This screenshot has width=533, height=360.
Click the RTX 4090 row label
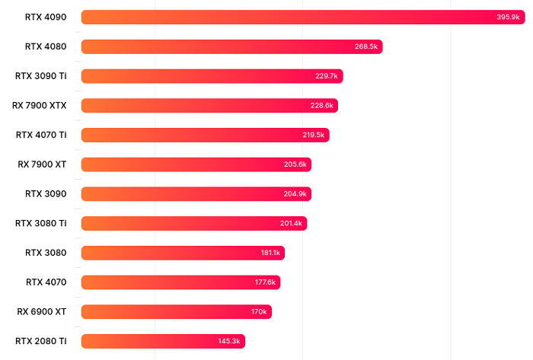pyautogui.click(x=46, y=17)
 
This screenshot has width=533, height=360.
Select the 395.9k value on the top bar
pyautogui.click(x=508, y=17)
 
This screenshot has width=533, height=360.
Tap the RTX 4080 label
pyautogui.click(x=46, y=46)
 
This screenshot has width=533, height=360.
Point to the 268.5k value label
pyautogui.click(x=366, y=46)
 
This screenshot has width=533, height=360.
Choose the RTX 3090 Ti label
pyautogui.click(x=40, y=75)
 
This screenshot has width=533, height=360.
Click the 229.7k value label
pyautogui.click(x=327, y=76)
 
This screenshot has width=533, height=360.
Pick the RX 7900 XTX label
pyautogui.click(x=40, y=105)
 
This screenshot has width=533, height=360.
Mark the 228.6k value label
pyautogui.click(x=322, y=106)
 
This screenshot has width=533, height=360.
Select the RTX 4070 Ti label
pyautogui.click(x=41, y=135)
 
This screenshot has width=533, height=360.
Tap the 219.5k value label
pyautogui.click(x=313, y=135)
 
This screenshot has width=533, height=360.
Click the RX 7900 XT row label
pyautogui.click(x=42, y=164)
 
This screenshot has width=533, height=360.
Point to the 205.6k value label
pyautogui.click(x=295, y=164)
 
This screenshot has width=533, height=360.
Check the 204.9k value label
pyautogui.click(x=295, y=194)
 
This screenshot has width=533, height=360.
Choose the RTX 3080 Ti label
pyautogui.click(x=41, y=223)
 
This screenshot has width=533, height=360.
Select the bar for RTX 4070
pyautogui.click(x=180, y=282)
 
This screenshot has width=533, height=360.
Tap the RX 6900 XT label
pyautogui.click(x=42, y=311)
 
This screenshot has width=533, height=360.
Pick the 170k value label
pyautogui.click(x=259, y=312)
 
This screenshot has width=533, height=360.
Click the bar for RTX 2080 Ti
pyautogui.click(x=163, y=341)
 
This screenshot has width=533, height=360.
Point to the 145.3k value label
pyautogui.click(x=229, y=341)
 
